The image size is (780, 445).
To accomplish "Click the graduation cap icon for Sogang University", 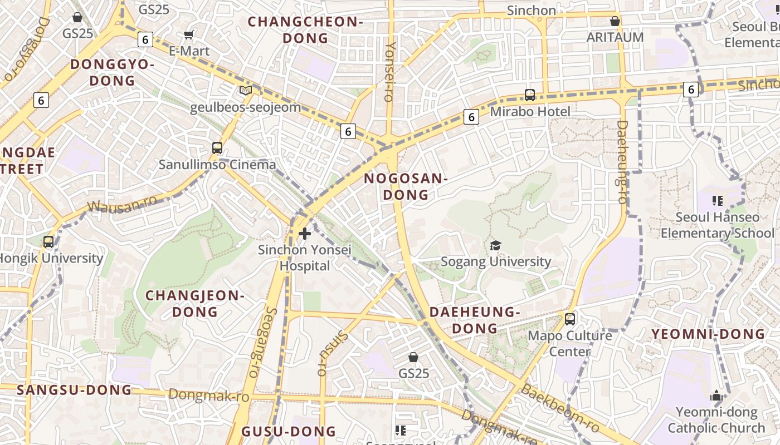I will [495, 245].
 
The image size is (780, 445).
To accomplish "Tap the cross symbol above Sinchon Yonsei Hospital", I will [305, 234].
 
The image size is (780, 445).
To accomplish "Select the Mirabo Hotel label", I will [530, 112].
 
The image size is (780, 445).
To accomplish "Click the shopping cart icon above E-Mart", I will [189, 35].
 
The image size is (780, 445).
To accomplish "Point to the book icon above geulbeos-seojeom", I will [246, 90].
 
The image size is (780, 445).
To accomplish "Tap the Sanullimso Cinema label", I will [217, 165].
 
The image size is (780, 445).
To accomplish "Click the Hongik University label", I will [51, 259].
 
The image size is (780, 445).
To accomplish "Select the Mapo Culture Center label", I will [569, 344].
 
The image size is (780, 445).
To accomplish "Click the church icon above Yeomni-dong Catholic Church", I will [716, 396].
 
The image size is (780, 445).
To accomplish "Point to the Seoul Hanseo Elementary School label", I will [718, 225].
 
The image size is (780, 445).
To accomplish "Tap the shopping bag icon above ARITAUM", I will [615, 22].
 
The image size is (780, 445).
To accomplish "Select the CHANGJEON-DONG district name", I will [195, 304].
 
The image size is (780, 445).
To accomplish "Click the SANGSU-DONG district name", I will [74, 390].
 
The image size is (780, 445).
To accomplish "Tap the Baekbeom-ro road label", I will [559, 408].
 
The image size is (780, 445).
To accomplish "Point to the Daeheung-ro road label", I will [622, 162].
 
